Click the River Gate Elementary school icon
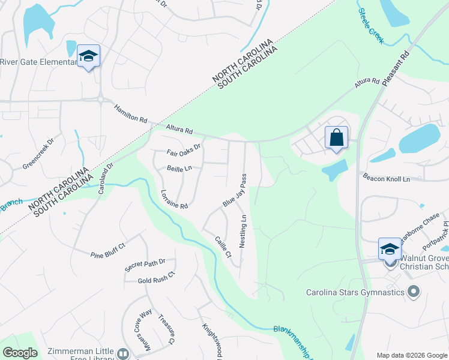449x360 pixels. click(89, 56)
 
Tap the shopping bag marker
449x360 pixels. click(337, 137)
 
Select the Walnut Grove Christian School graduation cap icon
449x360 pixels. click(389, 248)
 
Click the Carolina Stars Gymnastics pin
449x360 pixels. click(413, 292)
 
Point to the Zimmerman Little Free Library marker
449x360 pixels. click(123, 354)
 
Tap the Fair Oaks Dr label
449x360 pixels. click(183, 150)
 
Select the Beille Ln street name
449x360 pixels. click(179, 169)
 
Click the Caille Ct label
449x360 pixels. click(223, 247)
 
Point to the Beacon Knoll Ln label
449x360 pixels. click(385, 178)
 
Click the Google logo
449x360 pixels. click(20, 353)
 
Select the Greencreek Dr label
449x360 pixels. click(38, 154)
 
